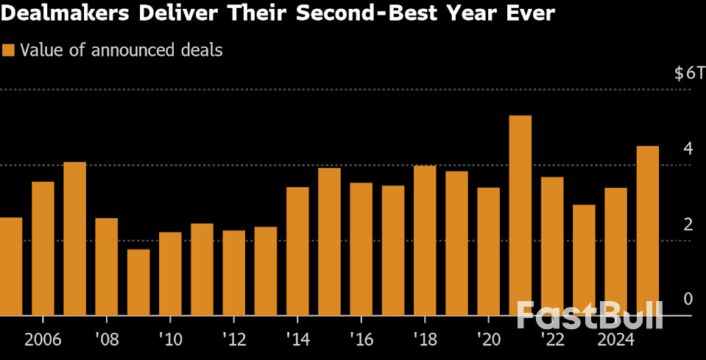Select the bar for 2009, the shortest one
click(138, 283)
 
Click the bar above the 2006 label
click(43, 249)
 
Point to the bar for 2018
click(425, 241)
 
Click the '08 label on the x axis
click(107, 341)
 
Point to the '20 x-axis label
click(488, 341)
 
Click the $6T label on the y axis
click(689, 74)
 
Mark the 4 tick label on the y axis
click(688, 149)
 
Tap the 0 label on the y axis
click(688, 299)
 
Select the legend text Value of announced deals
click(121, 51)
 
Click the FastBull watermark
click(589, 315)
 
